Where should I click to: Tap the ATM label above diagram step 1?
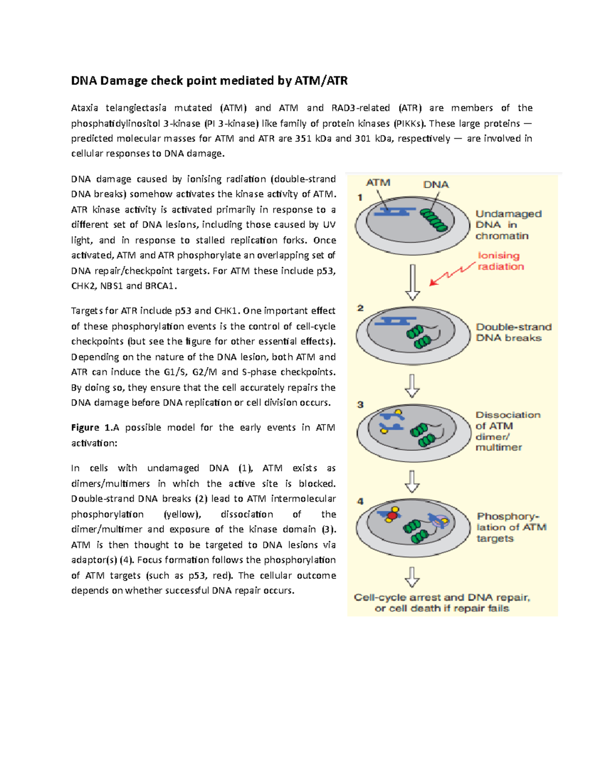coord(378,183)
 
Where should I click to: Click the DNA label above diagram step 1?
coord(436,185)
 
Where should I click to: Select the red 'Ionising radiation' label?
coord(501,261)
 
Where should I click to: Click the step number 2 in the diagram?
coord(360,308)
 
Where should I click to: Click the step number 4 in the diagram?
coord(360,501)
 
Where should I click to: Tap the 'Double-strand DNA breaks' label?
coord(513,332)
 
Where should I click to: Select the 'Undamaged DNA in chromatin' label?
coord(508,225)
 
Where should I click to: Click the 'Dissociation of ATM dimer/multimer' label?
coord(507,431)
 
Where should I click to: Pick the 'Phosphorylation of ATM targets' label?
coord(511,527)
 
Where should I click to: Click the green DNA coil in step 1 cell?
coord(434,220)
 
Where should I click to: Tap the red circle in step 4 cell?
coord(392,516)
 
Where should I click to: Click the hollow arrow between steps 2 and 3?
coord(412,386)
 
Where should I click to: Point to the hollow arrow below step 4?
coord(412,577)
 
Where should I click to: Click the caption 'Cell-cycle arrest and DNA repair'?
coord(442,597)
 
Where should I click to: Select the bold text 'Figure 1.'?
coord(91,428)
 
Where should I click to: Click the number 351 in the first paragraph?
coord(303,139)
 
